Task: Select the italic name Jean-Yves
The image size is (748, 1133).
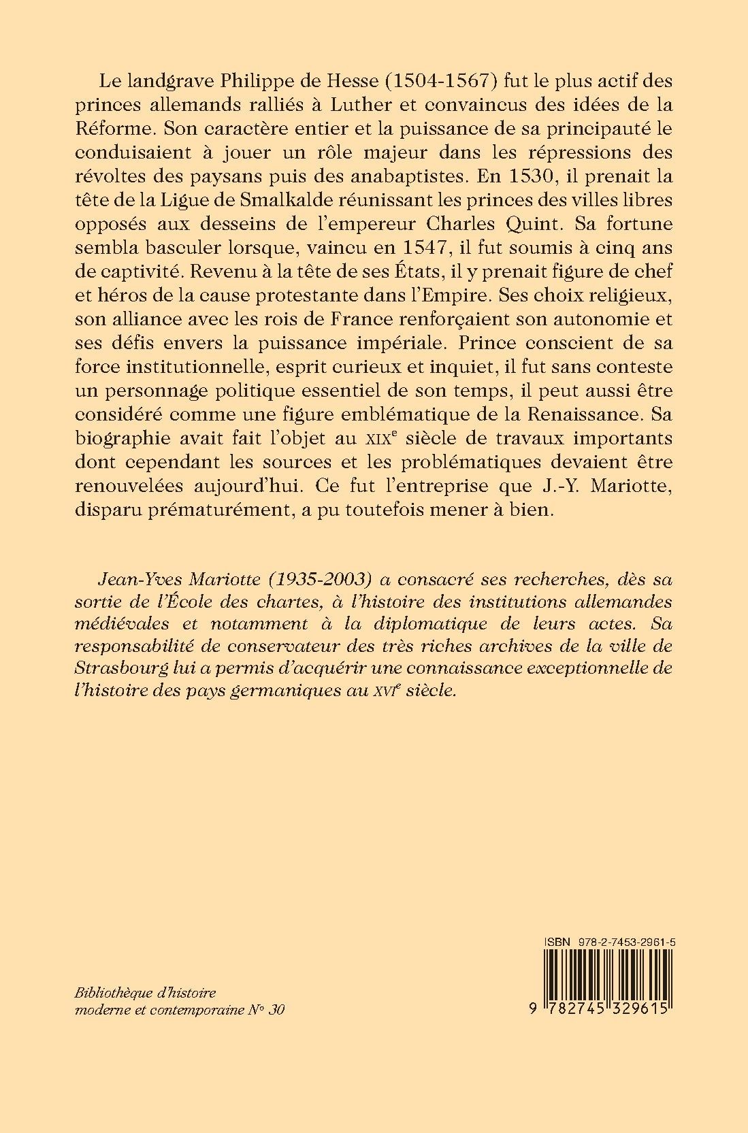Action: pyautogui.click(x=130, y=578)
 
